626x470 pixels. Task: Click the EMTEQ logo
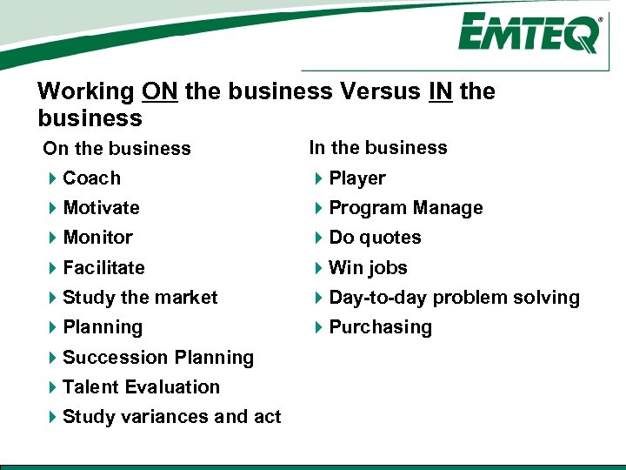tap(529, 35)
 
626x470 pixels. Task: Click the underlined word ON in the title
tap(159, 91)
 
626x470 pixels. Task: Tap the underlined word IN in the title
tap(441, 91)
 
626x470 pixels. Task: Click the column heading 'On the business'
tap(117, 149)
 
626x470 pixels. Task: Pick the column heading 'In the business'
tap(378, 148)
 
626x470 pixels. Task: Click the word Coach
tap(91, 178)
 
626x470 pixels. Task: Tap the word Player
tap(357, 178)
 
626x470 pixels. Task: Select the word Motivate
tap(101, 208)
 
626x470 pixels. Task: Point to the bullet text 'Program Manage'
tap(406, 208)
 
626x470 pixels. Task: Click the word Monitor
tap(97, 238)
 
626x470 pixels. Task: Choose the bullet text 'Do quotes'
tap(375, 238)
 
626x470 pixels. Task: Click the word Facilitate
tap(103, 268)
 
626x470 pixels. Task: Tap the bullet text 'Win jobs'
tap(368, 268)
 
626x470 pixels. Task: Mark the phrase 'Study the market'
tap(140, 298)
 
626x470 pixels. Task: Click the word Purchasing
tap(380, 327)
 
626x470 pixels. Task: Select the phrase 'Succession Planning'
tap(158, 358)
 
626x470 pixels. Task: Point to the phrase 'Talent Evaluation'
tap(141, 387)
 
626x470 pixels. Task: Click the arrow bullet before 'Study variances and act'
tap(54, 417)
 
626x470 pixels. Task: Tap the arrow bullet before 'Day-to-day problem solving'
tap(319, 298)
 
